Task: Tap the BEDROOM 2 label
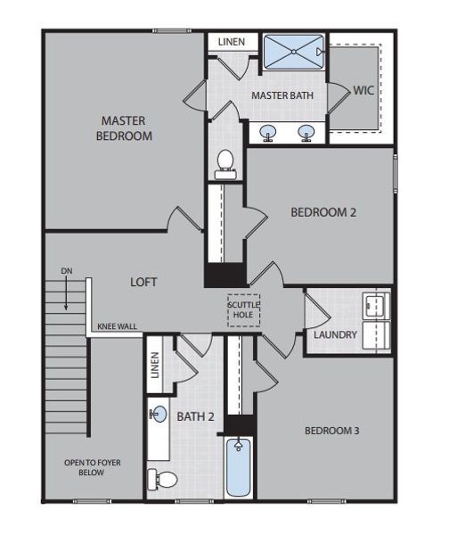tap(323, 212)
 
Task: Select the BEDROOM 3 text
tap(331, 431)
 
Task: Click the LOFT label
tap(143, 282)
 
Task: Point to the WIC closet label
tap(363, 90)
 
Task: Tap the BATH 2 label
tap(196, 416)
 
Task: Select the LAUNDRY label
tap(335, 335)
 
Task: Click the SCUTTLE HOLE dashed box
tap(243, 309)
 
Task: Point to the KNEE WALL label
tap(116, 327)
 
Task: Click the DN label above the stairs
tap(67, 271)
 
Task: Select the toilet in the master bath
tap(225, 163)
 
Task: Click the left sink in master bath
tap(267, 135)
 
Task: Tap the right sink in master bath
tap(307, 135)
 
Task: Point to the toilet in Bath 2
tap(162, 480)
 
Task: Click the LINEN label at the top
tap(232, 42)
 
